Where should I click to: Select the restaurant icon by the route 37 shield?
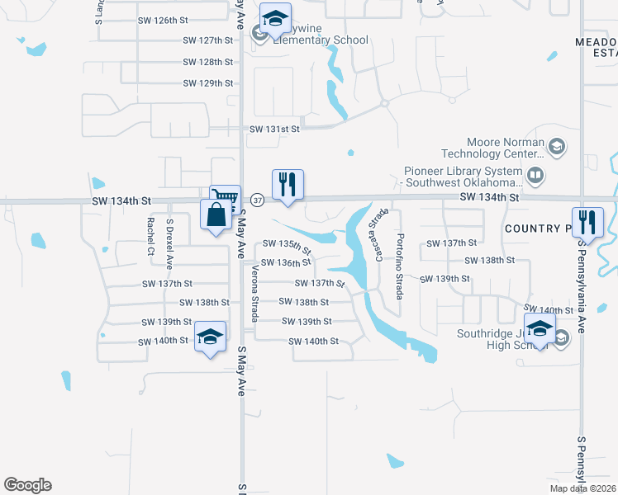pos(288,183)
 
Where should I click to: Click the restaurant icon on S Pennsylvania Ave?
pos(587,221)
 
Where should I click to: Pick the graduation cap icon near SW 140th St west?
pos(211,336)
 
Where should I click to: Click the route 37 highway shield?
pos(257,200)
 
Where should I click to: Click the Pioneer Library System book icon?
pos(535,176)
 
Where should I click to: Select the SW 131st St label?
pos(274,129)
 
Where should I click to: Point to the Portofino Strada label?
pos(400,265)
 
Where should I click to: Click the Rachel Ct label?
pos(150,235)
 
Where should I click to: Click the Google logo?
pos(27,485)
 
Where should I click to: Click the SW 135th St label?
pos(288,245)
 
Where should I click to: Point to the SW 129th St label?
pos(208,83)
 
